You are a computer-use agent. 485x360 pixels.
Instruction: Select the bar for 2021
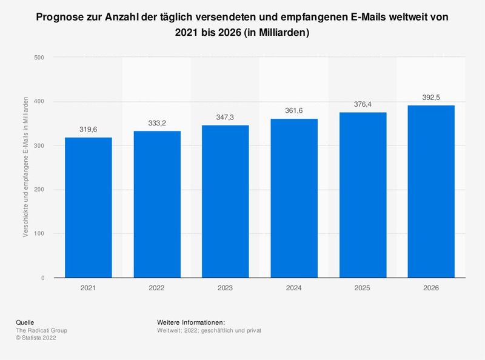[x=89, y=207]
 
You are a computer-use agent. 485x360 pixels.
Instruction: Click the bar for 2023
[x=226, y=201]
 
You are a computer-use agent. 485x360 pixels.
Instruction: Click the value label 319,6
[x=89, y=129]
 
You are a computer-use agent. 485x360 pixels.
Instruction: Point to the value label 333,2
[x=157, y=123]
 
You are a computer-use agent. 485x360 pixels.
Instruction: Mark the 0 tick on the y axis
[x=42, y=278]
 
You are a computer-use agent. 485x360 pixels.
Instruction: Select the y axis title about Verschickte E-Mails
[x=26, y=167]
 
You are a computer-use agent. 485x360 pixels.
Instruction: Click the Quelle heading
[x=27, y=322]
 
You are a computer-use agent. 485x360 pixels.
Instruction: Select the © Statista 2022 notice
[x=41, y=338]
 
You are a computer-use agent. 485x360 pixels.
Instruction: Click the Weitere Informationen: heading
[x=191, y=322]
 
